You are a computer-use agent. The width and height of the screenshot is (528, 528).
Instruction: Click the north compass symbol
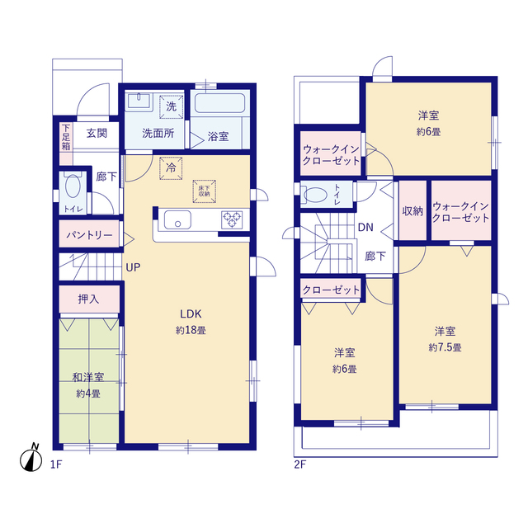(31, 459)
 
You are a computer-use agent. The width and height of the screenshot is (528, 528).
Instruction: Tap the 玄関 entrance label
(97, 134)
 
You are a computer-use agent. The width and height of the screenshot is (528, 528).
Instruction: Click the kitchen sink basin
(177, 220)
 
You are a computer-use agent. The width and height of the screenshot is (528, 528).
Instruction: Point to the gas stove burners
(232, 219)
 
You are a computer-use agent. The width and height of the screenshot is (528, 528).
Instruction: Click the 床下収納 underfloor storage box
(204, 191)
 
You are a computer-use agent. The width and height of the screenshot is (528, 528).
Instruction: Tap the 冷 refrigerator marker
(171, 168)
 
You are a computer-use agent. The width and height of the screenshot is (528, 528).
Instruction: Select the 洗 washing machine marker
(171, 107)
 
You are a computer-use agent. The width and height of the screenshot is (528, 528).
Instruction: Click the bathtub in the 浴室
(219, 103)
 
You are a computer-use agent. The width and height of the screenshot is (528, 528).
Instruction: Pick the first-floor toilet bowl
(73, 186)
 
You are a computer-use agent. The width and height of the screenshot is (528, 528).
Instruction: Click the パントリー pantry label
(89, 234)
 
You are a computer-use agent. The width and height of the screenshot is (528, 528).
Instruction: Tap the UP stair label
(133, 267)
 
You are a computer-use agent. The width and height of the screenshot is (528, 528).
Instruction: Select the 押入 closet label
(88, 299)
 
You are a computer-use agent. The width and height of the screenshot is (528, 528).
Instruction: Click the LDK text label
(191, 314)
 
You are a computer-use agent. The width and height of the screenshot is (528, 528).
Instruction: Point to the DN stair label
(365, 228)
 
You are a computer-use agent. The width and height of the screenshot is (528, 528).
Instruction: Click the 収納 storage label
(412, 211)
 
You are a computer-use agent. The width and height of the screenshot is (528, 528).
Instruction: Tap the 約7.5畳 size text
(445, 347)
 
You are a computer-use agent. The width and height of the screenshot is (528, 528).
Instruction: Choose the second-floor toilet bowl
(315, 195)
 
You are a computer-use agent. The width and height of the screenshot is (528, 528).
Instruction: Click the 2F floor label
(299, 464)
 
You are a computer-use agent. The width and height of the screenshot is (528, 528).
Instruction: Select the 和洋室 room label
(88, 378)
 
